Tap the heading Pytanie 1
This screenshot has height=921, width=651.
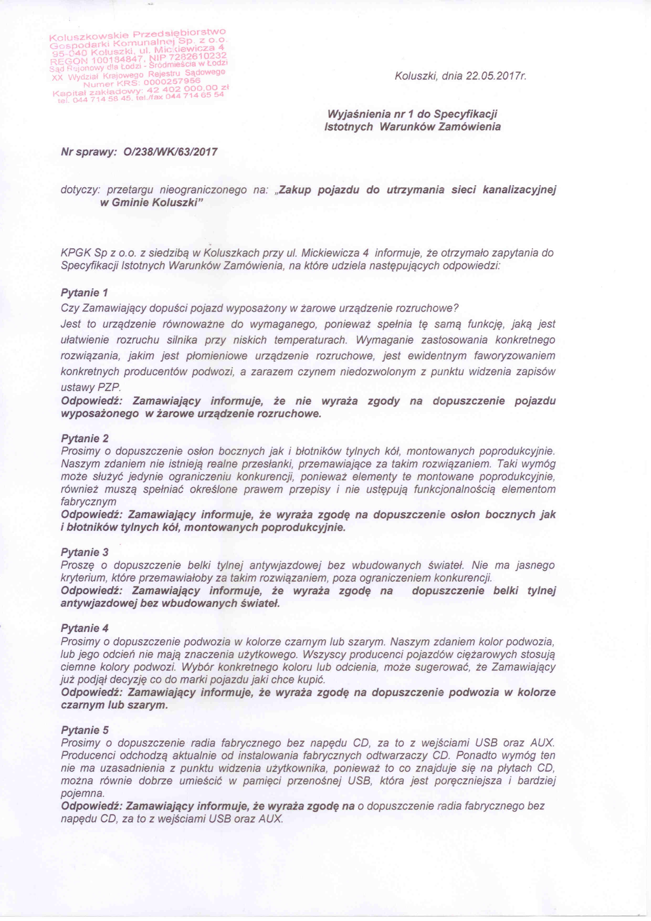point(85,293)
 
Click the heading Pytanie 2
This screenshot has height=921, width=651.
point(85,438)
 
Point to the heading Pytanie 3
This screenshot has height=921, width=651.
point(85,552)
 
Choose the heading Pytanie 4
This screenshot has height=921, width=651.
point(85,628)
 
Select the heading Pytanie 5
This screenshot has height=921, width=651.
point(85,730)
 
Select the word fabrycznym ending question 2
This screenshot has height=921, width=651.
point(88,502)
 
